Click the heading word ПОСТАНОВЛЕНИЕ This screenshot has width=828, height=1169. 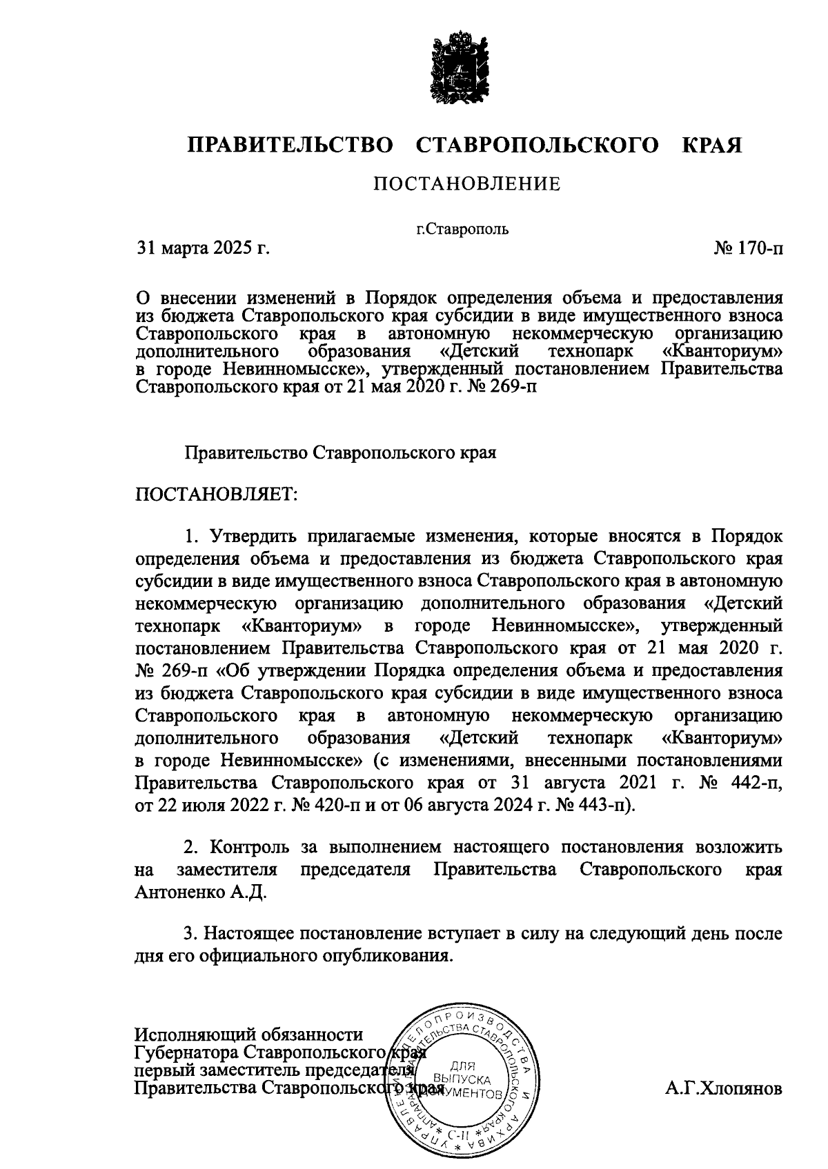tap(466, 184)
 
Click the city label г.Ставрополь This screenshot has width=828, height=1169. tap(462, 229)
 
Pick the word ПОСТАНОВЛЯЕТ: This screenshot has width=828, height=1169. tap(216, 494)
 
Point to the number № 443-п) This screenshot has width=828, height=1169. tap(595, 806)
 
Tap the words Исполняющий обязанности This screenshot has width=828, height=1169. tap(248, 1035)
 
